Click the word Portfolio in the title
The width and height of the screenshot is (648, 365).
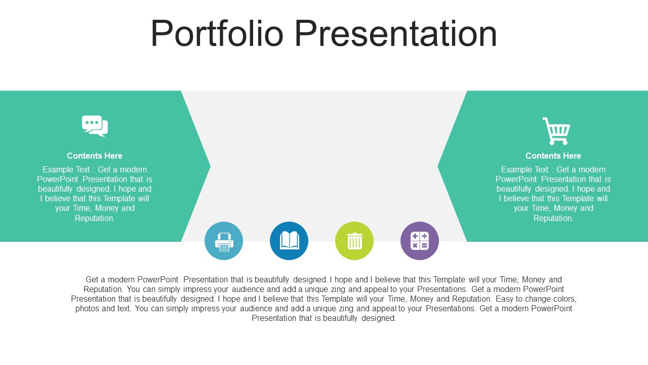coord(217,33)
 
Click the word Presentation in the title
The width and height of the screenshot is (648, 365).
coord(396,33)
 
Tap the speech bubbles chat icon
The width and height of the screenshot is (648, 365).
coord(95,126)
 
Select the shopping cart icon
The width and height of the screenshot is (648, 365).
coord(556,131)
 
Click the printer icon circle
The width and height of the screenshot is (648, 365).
coord(224,241)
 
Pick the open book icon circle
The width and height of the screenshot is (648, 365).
coord(289,241)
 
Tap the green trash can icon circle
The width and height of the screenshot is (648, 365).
coord(354,241)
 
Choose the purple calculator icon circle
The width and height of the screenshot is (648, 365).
coord(420,241)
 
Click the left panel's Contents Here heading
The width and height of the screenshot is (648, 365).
coord(95,156)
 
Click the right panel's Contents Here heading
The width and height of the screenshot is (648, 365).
coord(553,156)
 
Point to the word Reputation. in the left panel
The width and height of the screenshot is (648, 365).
coord(95,218)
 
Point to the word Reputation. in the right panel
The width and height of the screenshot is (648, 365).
coord(553,218)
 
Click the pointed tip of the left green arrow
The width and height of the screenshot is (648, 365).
coord(210,166)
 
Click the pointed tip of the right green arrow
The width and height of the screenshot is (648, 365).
coord(438,166)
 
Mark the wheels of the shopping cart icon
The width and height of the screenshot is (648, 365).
coord(558,142)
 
